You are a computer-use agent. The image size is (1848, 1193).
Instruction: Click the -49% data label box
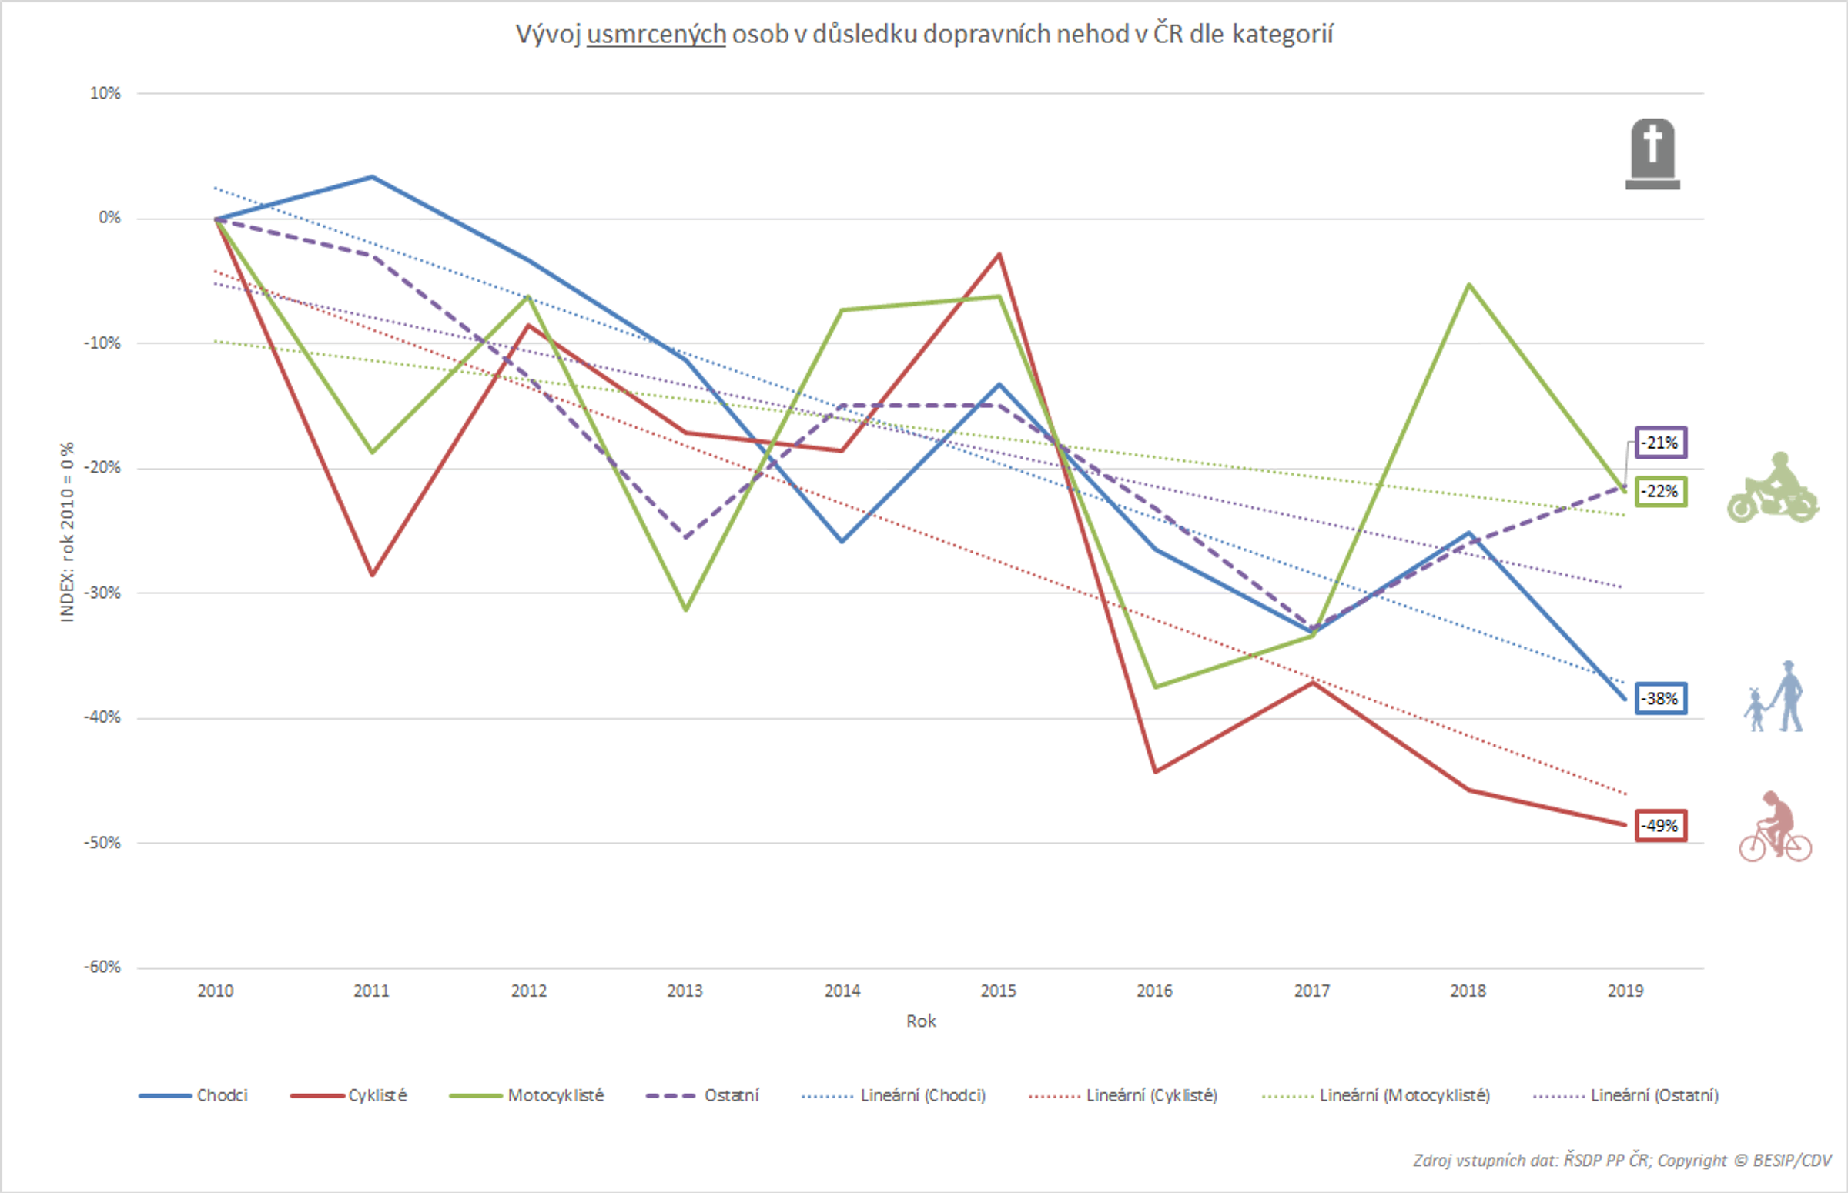(1660, 826)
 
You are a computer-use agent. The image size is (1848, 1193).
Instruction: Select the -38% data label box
(1660, 699)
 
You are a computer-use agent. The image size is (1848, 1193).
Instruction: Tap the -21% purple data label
(1660, 443)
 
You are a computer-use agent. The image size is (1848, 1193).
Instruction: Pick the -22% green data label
(1660, 492)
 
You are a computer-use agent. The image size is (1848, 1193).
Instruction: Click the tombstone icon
(1652, 154)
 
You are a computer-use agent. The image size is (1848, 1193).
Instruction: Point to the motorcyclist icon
(1772, 489)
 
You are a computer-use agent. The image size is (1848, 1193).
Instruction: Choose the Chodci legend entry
(194, 1095)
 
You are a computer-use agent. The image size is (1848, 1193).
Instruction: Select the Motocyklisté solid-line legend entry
(527, 1095)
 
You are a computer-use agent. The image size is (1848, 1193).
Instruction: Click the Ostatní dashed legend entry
(703, 1095)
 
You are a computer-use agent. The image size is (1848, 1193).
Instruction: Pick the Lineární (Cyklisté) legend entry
(1123, 1095)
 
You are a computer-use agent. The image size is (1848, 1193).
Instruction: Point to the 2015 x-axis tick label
(998, 991)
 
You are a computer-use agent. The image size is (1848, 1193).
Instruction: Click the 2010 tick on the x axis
(216, 991)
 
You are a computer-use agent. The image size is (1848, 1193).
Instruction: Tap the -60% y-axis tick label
(103, 967)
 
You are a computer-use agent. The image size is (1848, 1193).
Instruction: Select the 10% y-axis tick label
(105, 94)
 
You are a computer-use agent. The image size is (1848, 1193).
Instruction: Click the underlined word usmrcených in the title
(655, 35)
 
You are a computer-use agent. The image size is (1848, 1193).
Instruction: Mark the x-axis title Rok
(920, 1021)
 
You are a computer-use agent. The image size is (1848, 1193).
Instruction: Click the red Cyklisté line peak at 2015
(999, 255)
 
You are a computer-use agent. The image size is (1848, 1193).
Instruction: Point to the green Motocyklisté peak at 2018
(1468, 285)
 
